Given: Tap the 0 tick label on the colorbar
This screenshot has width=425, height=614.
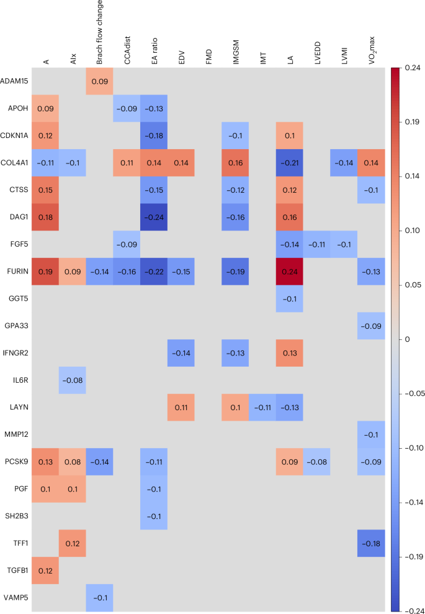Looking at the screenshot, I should [406, 339].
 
